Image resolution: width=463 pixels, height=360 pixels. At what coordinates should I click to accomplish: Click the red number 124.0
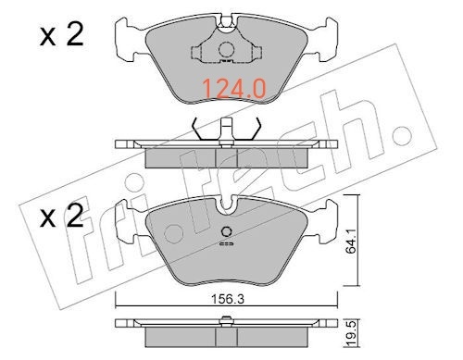point(234,89)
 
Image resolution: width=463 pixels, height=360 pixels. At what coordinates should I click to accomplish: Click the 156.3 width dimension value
point(228,299)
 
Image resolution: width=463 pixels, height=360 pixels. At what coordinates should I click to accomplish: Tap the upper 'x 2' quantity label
point(61,35)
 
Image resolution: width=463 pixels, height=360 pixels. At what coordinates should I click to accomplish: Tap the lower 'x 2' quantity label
point(61,216)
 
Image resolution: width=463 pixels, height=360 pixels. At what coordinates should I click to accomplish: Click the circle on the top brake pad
point(226,49)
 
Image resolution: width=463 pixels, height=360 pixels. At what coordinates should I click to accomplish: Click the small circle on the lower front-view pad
point(227,231)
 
